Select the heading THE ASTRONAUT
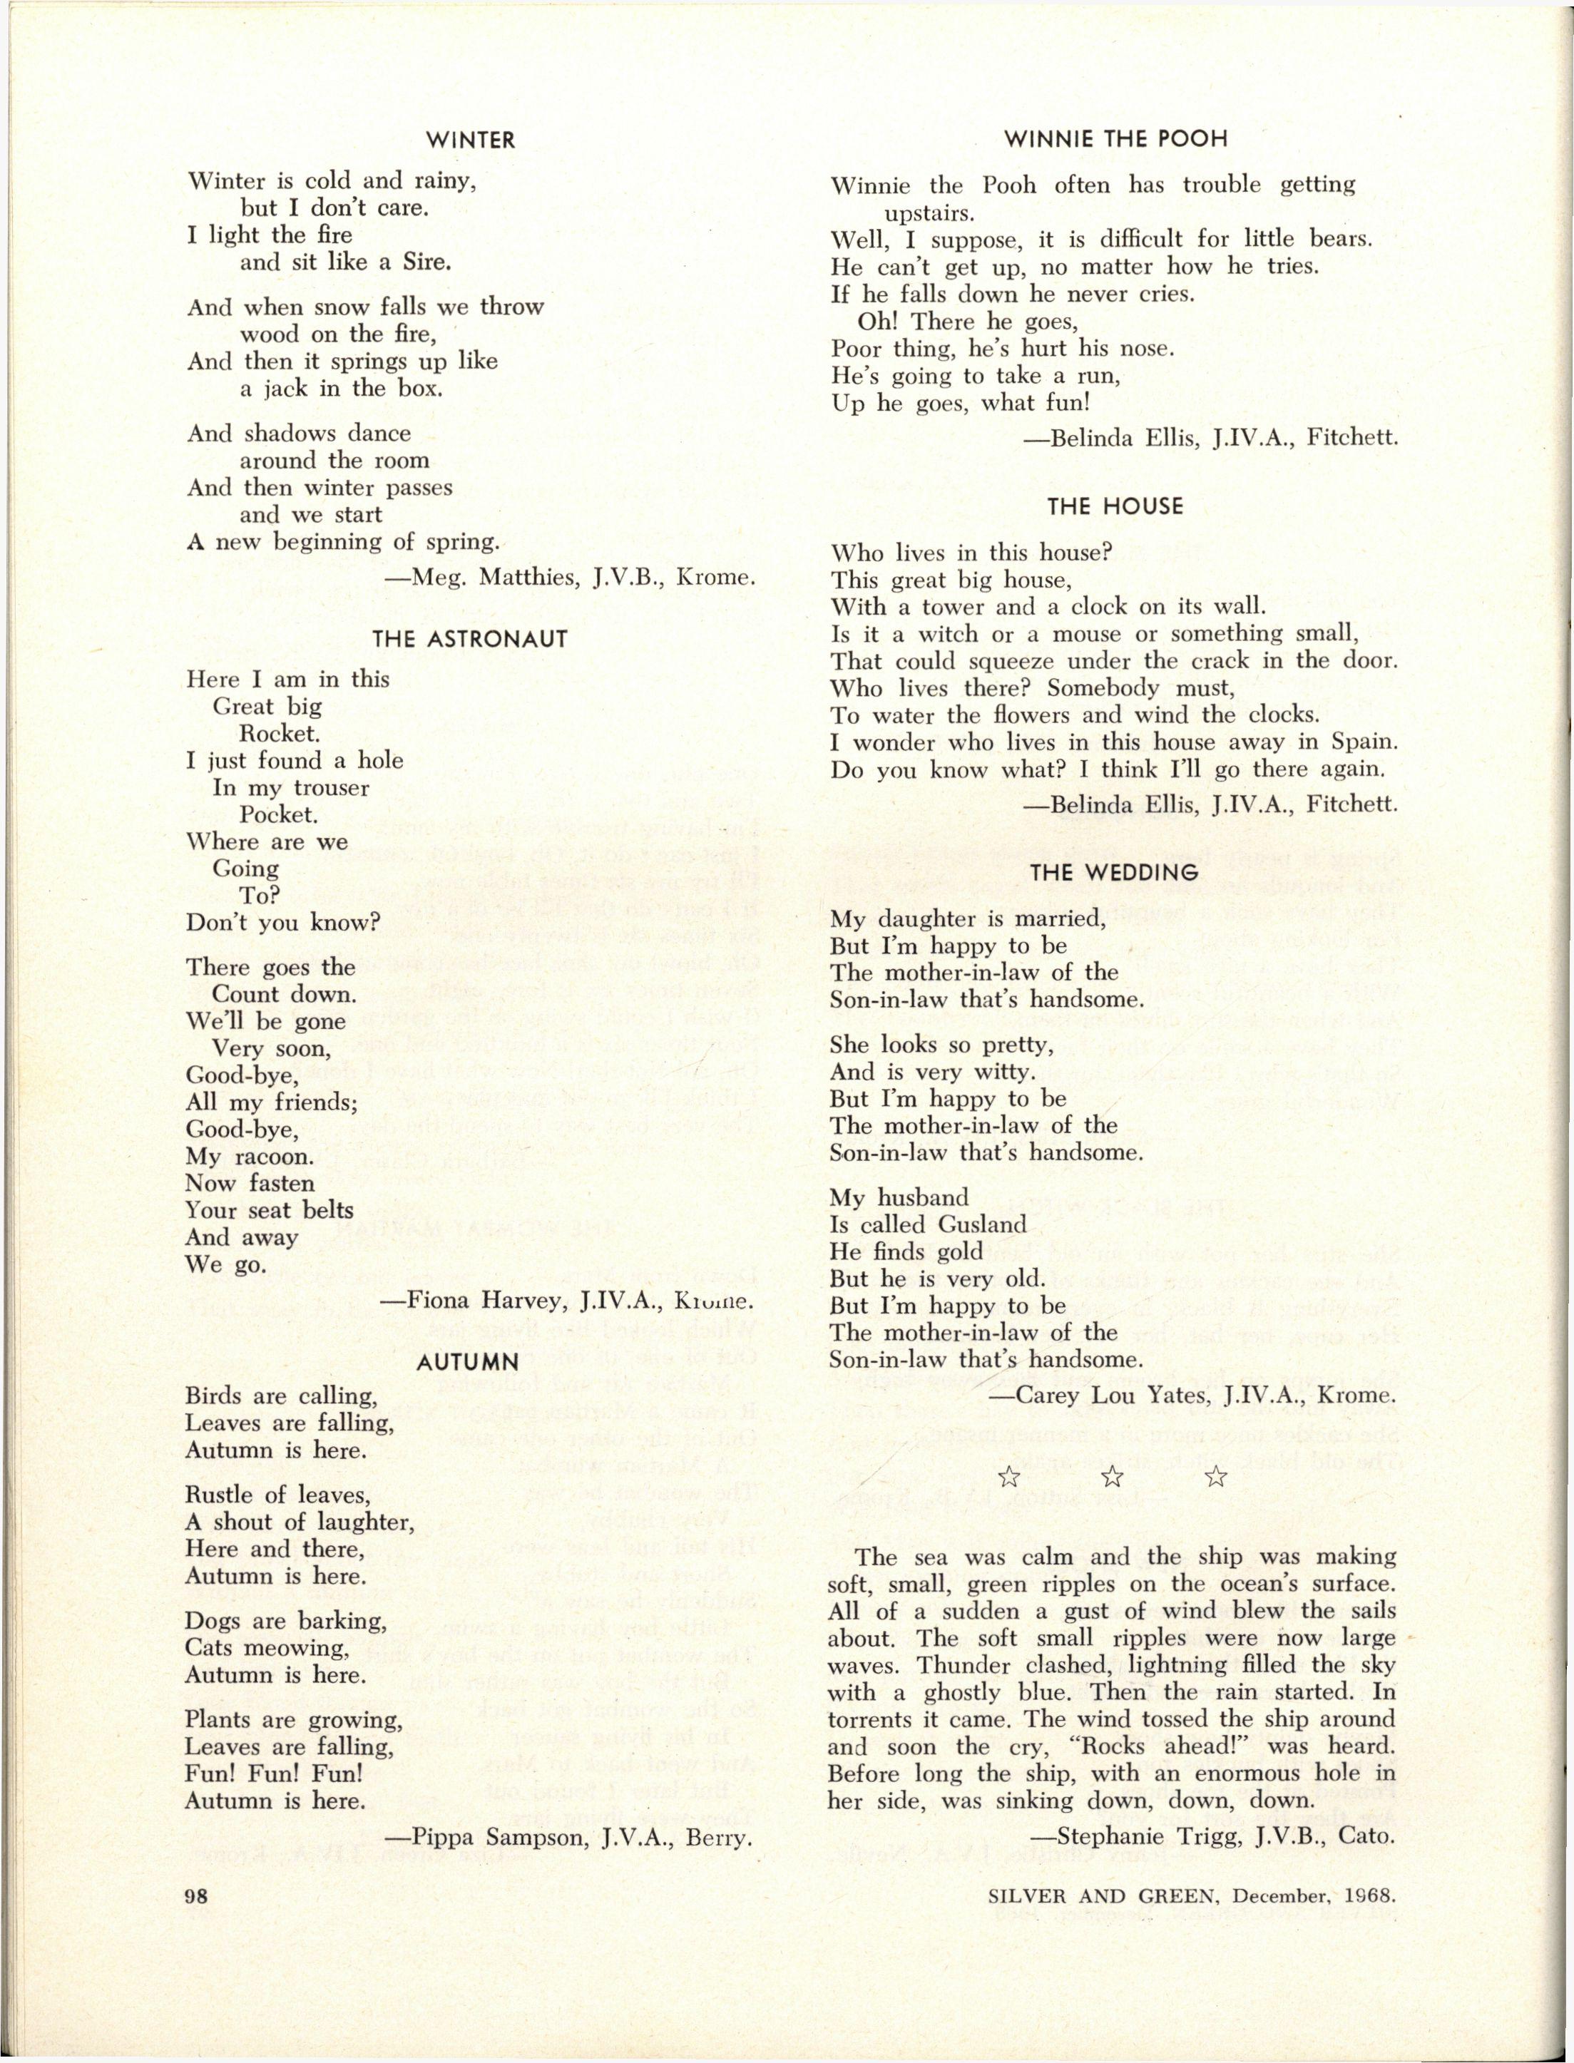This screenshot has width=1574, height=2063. tap(470, 640)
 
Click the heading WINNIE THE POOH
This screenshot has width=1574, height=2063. tap(1115, 140)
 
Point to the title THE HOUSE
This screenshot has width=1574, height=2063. tap(1115, 507)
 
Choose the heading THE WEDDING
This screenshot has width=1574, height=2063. tap(1114, 872)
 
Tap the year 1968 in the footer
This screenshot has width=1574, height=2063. tap(1369, 1895)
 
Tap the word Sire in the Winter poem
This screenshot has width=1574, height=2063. tap(427, 262)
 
